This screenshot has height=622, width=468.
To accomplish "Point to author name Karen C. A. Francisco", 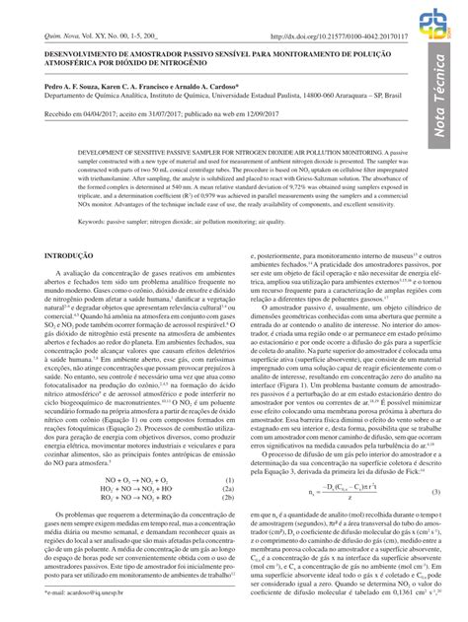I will point(132,85).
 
